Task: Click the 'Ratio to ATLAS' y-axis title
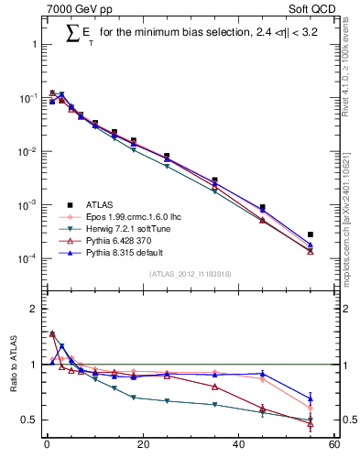[x=12, y=365]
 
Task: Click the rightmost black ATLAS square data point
[x=311, y=235]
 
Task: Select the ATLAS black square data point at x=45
[x=262, y=208]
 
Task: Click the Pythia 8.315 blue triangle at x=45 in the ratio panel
[x=262, y=374]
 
